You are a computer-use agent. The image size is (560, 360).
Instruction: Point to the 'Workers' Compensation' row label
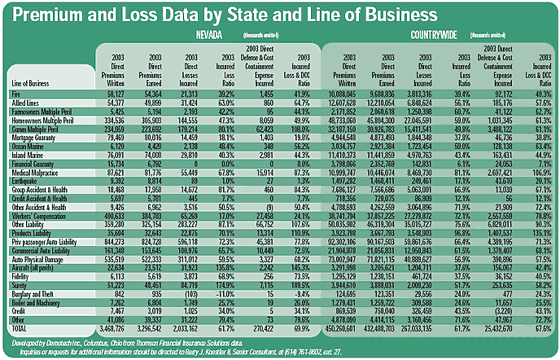click(x=37, y=217)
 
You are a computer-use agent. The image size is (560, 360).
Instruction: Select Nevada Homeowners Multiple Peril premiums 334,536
click(x=112, y=118)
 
